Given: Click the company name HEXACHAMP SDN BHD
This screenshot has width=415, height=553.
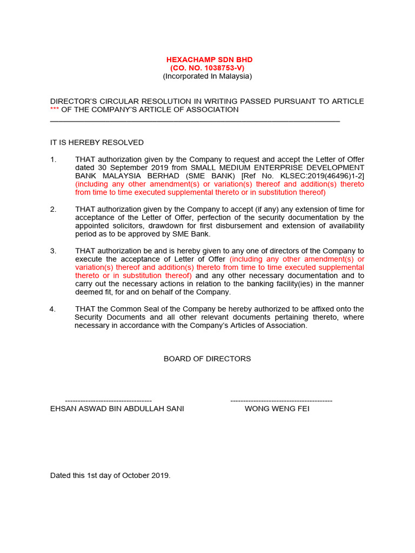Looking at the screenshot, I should [209, 59].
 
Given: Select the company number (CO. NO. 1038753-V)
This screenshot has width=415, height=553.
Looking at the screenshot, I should [207, 68].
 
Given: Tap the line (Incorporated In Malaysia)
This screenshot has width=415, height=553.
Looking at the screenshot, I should [207, 76].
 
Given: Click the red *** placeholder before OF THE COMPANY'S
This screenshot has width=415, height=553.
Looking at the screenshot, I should [55, 110].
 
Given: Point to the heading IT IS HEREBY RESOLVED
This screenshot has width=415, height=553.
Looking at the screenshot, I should [97, 143].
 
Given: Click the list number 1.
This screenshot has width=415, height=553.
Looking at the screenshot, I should [53, 159].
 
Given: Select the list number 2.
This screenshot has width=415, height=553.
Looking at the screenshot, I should [53, 209].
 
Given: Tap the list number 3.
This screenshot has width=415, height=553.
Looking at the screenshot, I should [53, 251].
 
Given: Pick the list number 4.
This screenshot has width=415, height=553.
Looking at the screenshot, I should [52, 309].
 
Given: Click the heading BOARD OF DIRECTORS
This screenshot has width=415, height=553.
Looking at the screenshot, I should [207, 359].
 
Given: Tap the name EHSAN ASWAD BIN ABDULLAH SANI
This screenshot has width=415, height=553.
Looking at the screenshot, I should [117, 409].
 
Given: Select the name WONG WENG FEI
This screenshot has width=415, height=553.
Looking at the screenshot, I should [277, 409].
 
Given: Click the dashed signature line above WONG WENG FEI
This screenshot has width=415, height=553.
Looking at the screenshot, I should [281, 401].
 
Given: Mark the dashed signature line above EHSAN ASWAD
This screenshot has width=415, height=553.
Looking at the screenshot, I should [108, 401].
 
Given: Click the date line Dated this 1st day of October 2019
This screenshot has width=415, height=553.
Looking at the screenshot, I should [110, 476].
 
